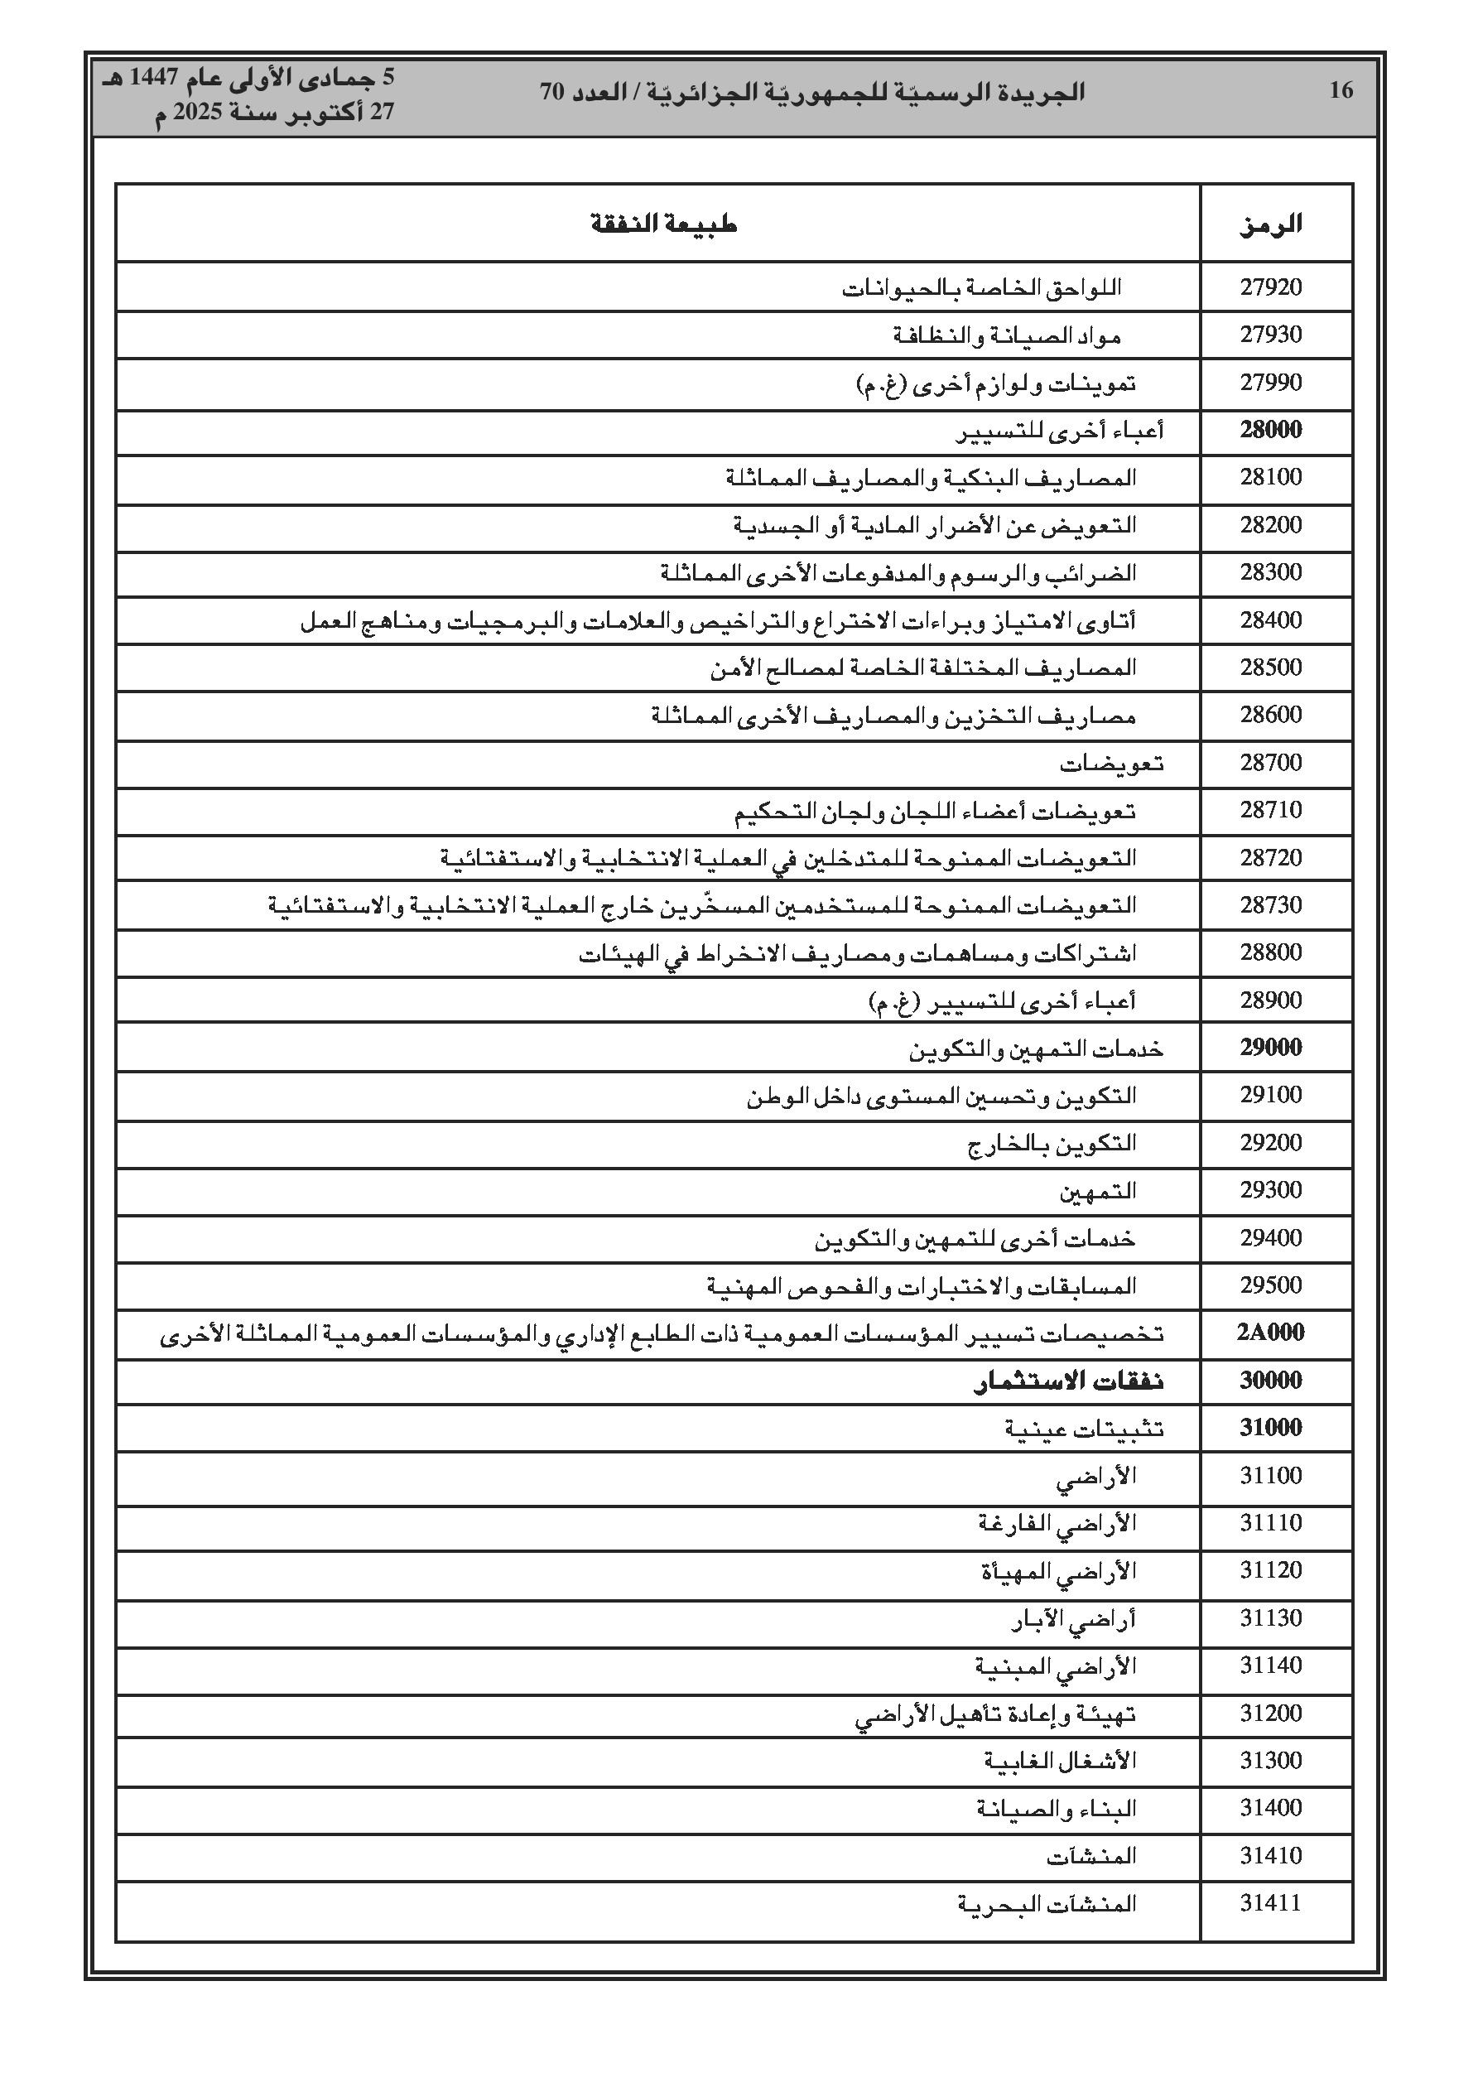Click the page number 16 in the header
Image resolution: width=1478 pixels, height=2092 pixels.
point(1341,90)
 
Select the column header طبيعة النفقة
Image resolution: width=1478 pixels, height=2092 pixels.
point(662,224)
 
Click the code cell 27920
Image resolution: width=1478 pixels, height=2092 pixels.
point(1271,288)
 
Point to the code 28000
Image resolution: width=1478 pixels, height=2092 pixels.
point(1271,430)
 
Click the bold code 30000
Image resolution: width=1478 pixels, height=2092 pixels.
point(1271,1381)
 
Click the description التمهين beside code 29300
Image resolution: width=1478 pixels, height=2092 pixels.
point(1097,1191)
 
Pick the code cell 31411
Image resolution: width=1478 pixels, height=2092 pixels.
point(1271,1903)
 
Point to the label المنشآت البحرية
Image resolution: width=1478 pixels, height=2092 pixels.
point(1046,1904)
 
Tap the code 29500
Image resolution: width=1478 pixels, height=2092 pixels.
point(1271,1285)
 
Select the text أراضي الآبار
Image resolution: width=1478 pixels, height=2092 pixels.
point(1073,1619)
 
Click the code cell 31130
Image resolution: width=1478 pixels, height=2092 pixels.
point(1271,1618)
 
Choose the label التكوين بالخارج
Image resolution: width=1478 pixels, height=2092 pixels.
point(1052,1144)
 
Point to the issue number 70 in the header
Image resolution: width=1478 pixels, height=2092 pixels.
point(552,92)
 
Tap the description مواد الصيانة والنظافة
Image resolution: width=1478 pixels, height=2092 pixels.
point(1006,336)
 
